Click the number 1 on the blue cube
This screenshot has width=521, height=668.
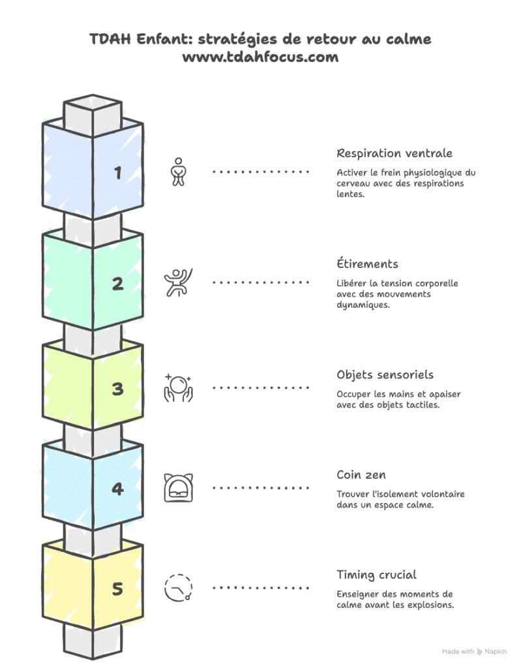click(118, 173)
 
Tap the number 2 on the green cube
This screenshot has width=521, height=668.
click(118, 284)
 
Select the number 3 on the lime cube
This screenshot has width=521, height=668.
click(118, 389)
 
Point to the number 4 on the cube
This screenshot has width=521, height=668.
click(118, 489)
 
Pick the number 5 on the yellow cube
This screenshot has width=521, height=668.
click(118, 589)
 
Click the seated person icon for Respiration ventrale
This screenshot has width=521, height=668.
click(178, 172)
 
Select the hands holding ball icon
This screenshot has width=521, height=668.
click(178, 387)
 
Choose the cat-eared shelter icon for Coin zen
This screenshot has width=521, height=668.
click(178, 487)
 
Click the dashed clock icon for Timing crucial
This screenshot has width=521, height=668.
click(178, 587)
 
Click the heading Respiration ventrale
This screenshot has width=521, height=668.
click(394, 153)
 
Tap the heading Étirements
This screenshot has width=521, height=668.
click(367, 264)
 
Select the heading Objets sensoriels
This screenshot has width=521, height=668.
click(385, 375)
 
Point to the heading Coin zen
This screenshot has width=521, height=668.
click(361, 475)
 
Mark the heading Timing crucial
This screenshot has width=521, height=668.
click(376, 575)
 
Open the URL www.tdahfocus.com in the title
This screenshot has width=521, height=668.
click(260, 57)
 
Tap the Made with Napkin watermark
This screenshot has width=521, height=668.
click(474, 651)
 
